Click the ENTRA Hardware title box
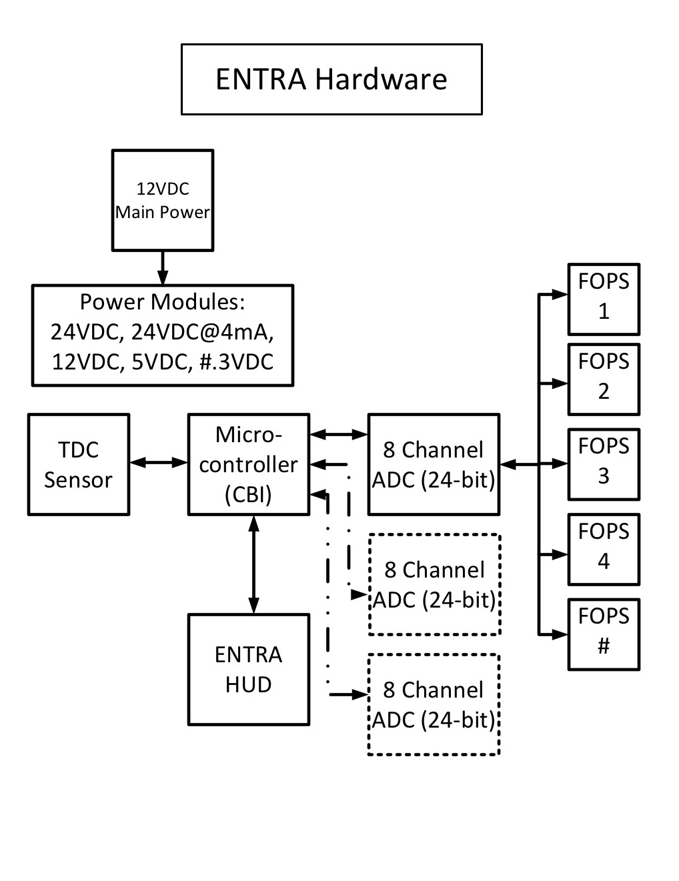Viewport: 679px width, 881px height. tap(331, 79)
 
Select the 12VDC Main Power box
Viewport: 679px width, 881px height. tap(163, 200)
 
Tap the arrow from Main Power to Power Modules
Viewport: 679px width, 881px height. tap(163, 268)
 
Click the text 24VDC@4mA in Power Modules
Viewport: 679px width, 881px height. tap(202, 331)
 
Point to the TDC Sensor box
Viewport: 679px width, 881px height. tap(79, 465)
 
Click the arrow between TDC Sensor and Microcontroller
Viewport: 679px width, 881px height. tap(159, 462)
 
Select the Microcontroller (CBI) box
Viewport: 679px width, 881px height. tap(249, 465)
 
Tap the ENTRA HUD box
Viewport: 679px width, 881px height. tap(249, 670)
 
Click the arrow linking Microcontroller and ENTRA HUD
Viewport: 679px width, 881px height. tap(253, 564)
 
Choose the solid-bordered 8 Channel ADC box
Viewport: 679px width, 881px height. tap(434, 465)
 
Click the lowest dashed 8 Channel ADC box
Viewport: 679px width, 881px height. tap(434, 705)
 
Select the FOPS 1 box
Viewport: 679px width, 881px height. tap(604, 299)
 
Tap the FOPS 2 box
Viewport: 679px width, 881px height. tap(604, 379)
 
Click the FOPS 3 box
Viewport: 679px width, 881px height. tap(604, 464)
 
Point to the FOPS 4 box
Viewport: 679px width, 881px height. tap(604, 550)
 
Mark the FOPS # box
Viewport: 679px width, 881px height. tap(604, 634)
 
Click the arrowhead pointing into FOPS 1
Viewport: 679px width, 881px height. tap(560, 294)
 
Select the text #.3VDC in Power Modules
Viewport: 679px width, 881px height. tap(237, 361)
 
